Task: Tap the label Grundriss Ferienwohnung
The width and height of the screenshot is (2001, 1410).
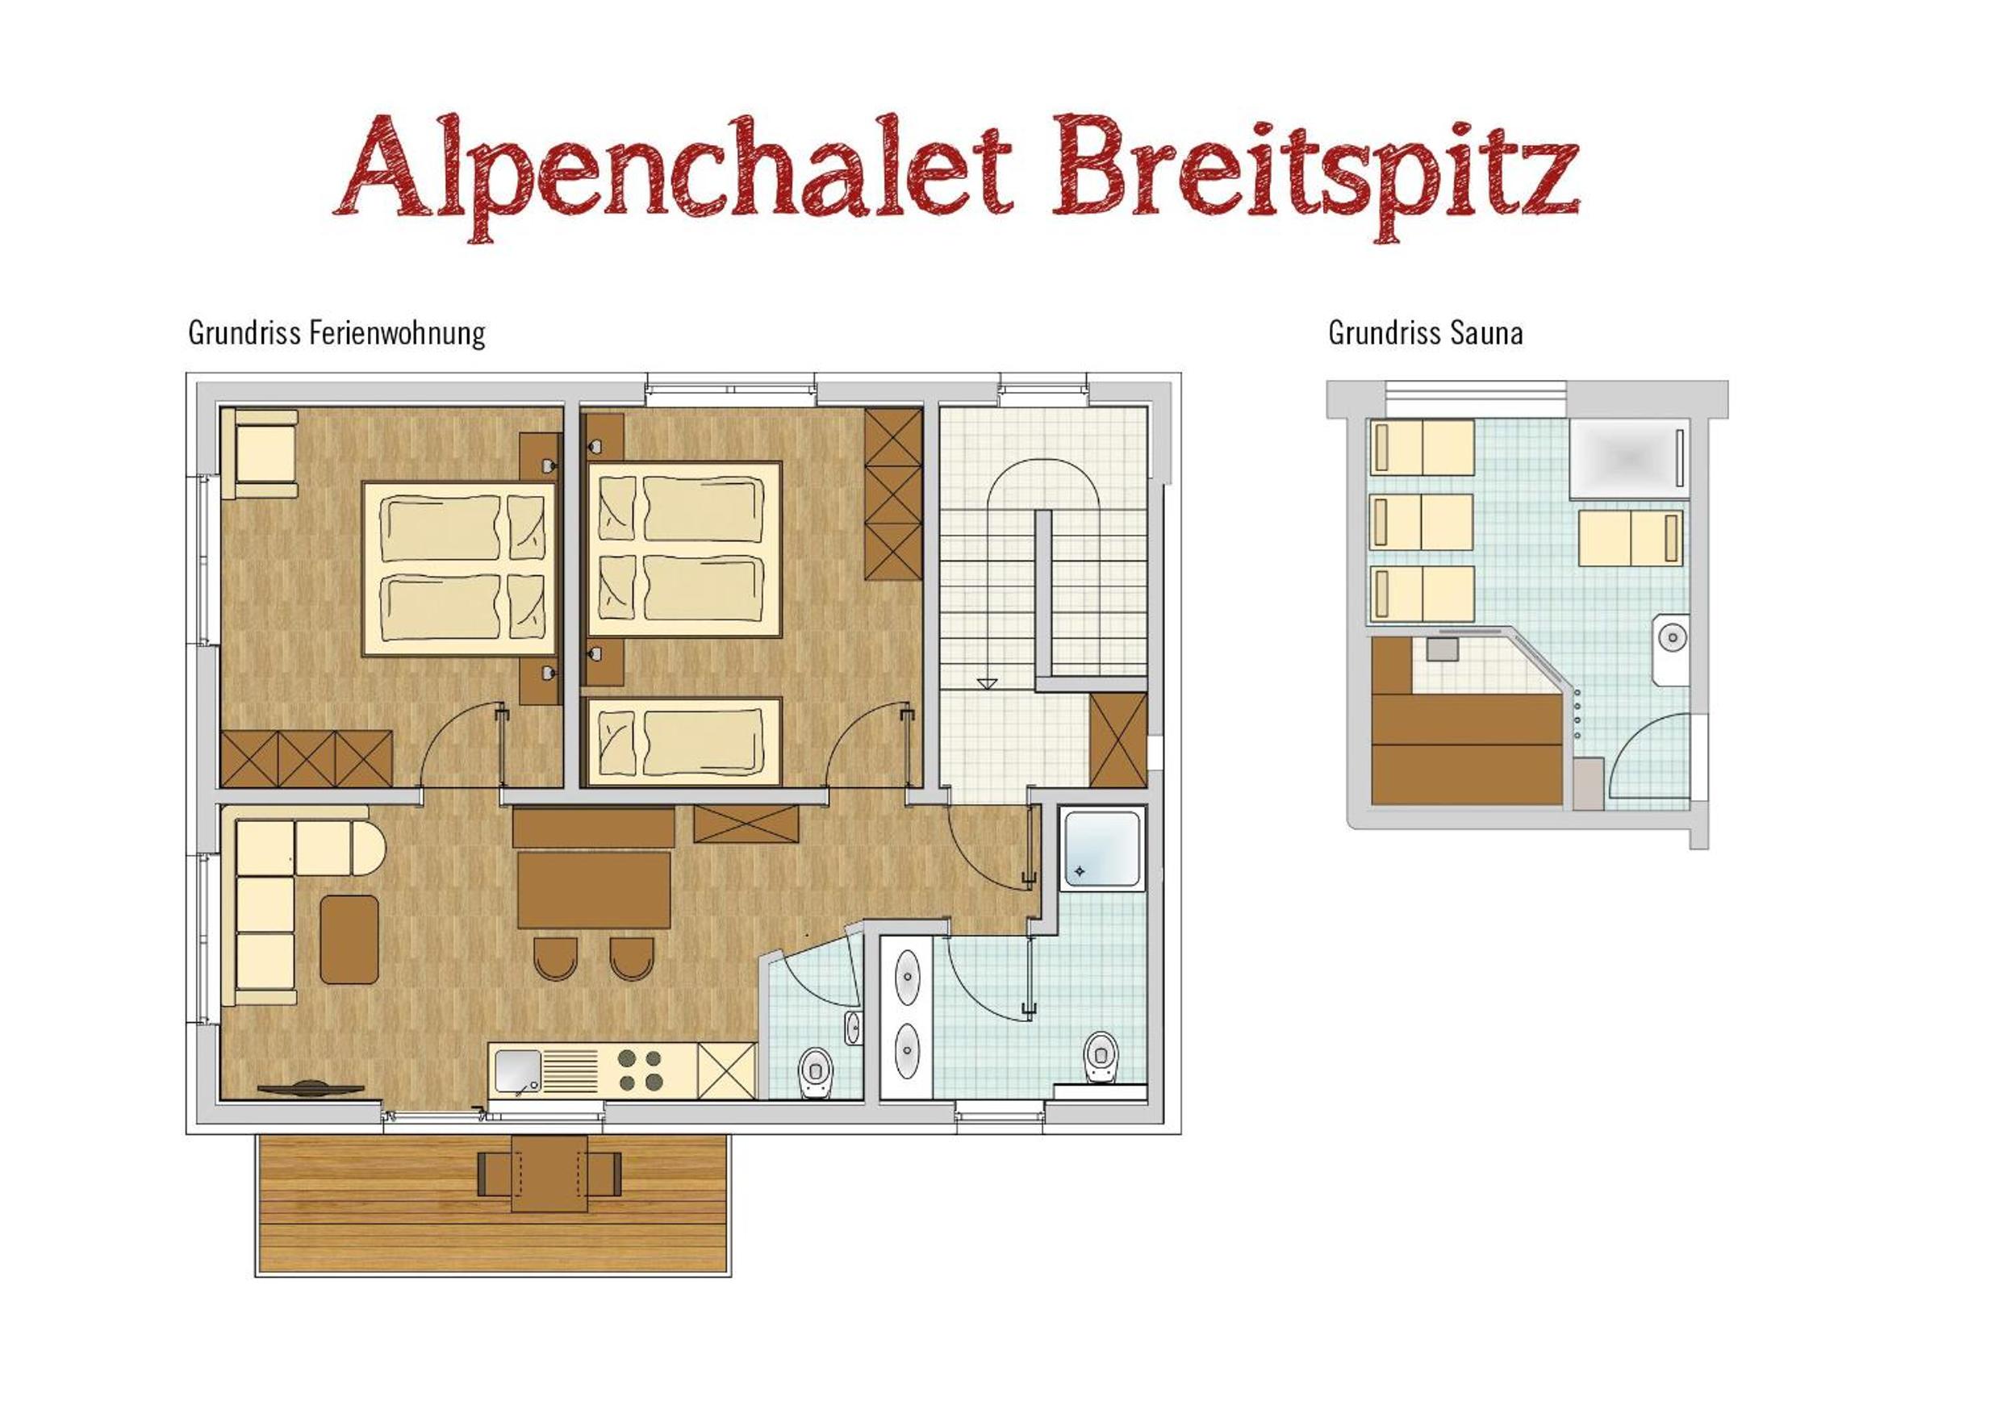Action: (x=336, y=333)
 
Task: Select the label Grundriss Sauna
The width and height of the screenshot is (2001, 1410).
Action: (x=1425, y=333)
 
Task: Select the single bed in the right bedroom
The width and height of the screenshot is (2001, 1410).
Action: (x=683, y=741)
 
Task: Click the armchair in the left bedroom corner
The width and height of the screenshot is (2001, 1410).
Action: (x=260, y=454)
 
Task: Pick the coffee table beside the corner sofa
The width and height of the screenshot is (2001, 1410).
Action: (x=349, y=940)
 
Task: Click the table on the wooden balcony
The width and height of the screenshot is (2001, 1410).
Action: (x=549, y=1174)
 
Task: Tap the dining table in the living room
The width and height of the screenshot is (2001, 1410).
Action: (x=594, y=890)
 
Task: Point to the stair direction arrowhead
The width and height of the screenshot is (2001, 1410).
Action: (x=986, y=683)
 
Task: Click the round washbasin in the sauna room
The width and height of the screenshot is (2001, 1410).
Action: (x=1673, y=638)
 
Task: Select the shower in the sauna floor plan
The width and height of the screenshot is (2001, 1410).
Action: (x=1627, y=459)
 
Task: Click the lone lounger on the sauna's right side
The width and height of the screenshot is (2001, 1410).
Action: (x=1631, y=539)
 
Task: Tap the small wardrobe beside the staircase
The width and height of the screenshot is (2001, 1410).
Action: (x=1118, y=740)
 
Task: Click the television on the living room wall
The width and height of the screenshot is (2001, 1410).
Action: (x=311, y=1088)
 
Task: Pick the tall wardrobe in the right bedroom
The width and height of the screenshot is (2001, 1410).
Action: (x=893, y=494)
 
